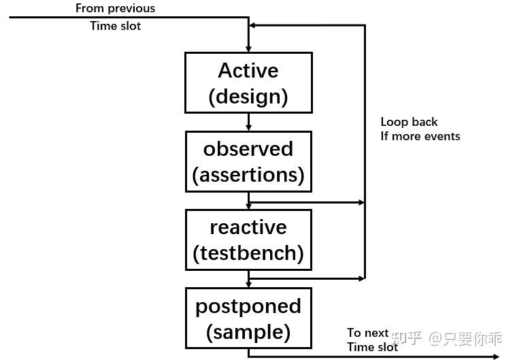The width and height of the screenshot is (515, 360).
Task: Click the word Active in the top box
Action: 248,71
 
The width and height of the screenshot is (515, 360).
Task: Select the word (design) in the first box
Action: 248,96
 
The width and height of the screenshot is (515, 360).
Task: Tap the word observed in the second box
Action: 248,149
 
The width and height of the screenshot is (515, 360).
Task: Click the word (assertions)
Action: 248,175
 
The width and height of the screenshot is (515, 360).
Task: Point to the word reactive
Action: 248,227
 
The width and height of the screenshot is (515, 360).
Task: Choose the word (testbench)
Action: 248,253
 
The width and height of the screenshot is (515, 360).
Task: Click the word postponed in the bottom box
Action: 248,306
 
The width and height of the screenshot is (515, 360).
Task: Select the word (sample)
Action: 248,332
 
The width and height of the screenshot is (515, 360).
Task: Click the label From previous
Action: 115,9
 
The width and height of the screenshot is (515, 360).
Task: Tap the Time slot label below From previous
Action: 115,26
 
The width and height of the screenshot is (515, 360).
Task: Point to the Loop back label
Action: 409,122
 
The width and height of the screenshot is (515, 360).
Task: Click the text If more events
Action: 420,136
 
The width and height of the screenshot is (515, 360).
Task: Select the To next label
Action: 367,333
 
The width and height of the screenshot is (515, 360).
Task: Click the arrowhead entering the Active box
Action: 248,48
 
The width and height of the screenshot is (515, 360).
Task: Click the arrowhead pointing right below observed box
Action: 361,202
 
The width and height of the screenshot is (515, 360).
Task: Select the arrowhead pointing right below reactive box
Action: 361,278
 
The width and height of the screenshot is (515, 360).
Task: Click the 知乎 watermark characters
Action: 408,338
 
